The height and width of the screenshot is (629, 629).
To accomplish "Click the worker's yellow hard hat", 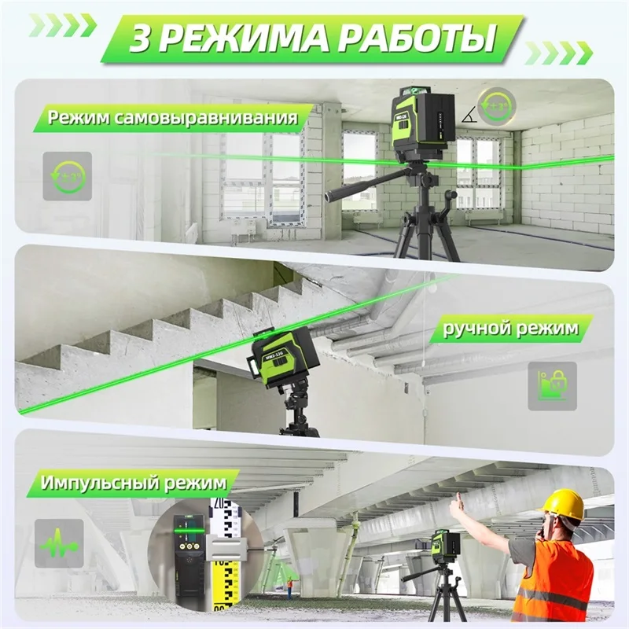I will pyautogui.click(x=565, y=504).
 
